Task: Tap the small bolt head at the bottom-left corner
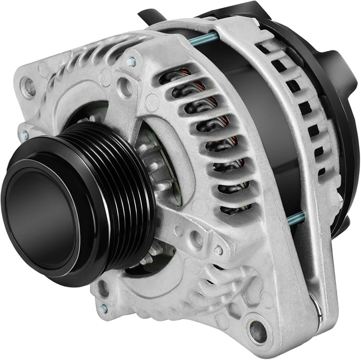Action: (x=104, y=309)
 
